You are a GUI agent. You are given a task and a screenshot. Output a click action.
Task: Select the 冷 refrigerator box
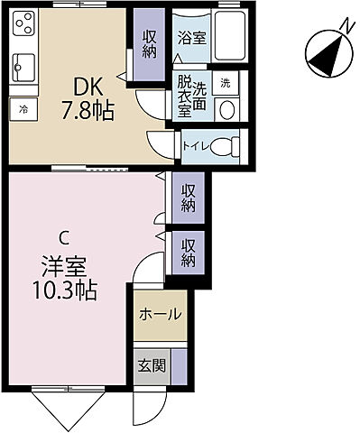[23, 110]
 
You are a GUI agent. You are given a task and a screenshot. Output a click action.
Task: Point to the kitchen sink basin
[23, 66]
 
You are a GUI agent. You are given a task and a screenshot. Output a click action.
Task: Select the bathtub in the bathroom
[231, 39]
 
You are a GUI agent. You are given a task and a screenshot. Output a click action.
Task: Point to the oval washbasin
[227, 109]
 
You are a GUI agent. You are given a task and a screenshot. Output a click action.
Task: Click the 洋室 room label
[63, 267]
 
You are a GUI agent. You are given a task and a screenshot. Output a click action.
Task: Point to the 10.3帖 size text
[63, 292]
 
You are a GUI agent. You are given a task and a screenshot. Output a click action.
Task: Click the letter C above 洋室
[63, 238]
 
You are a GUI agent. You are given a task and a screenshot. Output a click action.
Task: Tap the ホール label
[161, 315]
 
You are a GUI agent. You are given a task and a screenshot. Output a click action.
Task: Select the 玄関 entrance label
[150, 366]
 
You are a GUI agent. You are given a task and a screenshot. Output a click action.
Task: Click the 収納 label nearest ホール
[188, 253]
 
